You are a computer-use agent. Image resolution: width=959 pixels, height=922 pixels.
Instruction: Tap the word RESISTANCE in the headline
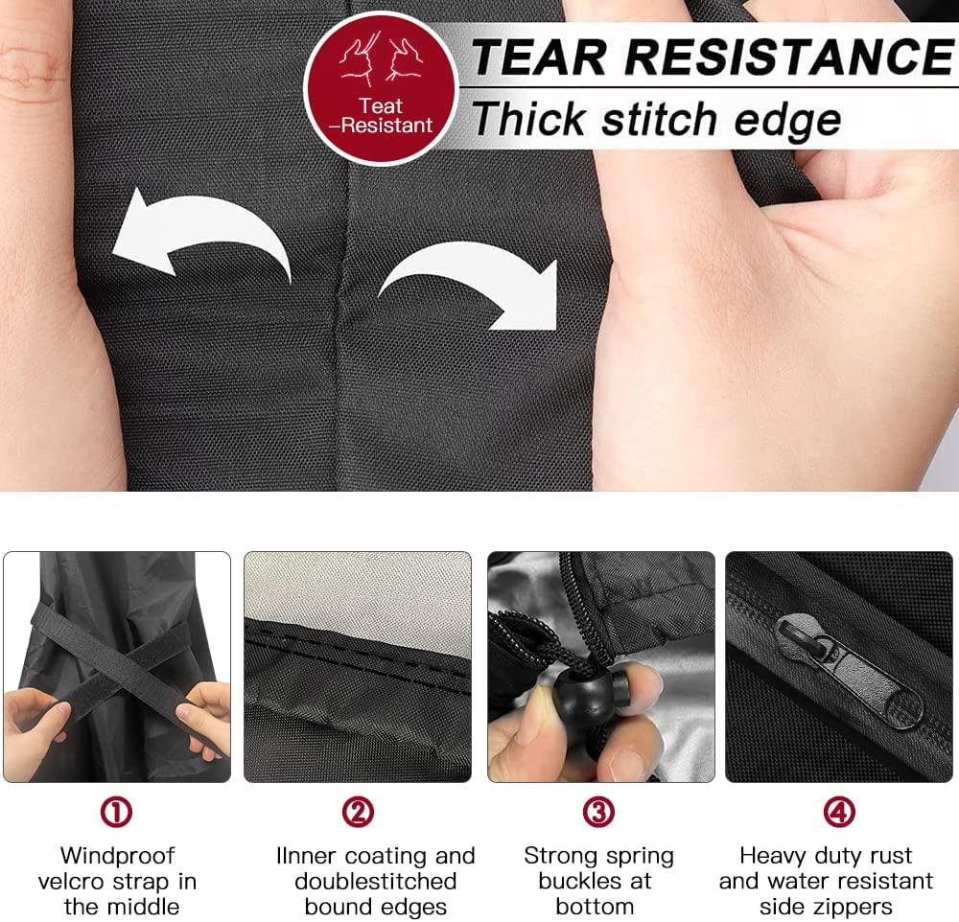[x=789, y=57]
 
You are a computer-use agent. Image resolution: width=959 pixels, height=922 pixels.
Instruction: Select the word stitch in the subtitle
[x=660, y=119]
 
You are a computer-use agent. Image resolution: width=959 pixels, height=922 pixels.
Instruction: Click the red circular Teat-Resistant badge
[x=381, y=88]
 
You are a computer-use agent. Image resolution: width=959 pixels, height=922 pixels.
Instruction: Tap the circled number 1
[x=116, y=812]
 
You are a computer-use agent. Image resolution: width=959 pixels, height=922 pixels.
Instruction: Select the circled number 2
[x=358, y=812]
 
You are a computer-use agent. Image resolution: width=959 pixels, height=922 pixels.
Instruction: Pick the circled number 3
[x=598, y=812]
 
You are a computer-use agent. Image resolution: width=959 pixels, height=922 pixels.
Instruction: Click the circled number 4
[x=839, y=812]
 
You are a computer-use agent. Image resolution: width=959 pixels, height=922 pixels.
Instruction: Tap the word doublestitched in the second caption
[x=376, y=881]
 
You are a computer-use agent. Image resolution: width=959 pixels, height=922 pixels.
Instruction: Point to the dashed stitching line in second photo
[x=358, y=657]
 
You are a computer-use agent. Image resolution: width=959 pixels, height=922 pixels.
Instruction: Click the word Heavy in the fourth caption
[x=771, y=855]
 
